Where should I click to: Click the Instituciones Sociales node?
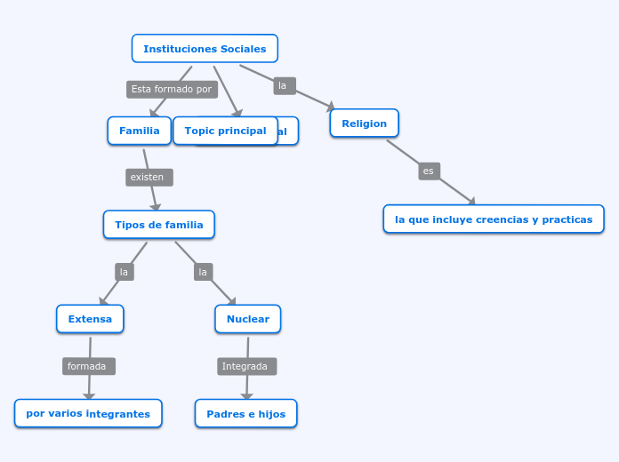tap(205, 49)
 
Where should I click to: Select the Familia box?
tap(139, 131)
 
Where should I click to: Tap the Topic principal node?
tap(225, 131)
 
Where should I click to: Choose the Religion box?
tap(364, 123)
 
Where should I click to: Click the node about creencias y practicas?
tap(494, 219)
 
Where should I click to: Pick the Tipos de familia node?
tap(158, 225)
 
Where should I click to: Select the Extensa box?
tap(90, 319)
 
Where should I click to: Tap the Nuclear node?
tap(247, 319)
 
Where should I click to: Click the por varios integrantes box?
tap(88, 413)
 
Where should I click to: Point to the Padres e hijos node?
tap(245, 413)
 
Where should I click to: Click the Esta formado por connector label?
tap(172, 89)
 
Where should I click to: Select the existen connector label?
tap(149, 177)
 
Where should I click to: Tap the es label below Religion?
tap(429, 171)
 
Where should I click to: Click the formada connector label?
tap(88, 366)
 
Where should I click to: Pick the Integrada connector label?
tap(246, 366)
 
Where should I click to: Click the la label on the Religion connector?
tap(284, 85)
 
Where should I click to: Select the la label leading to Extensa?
tap(125, 272)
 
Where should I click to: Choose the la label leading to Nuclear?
tap(203, 272)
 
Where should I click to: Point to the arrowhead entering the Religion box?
tap(331, 107)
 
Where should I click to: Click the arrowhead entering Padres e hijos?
tap(246, 396)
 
